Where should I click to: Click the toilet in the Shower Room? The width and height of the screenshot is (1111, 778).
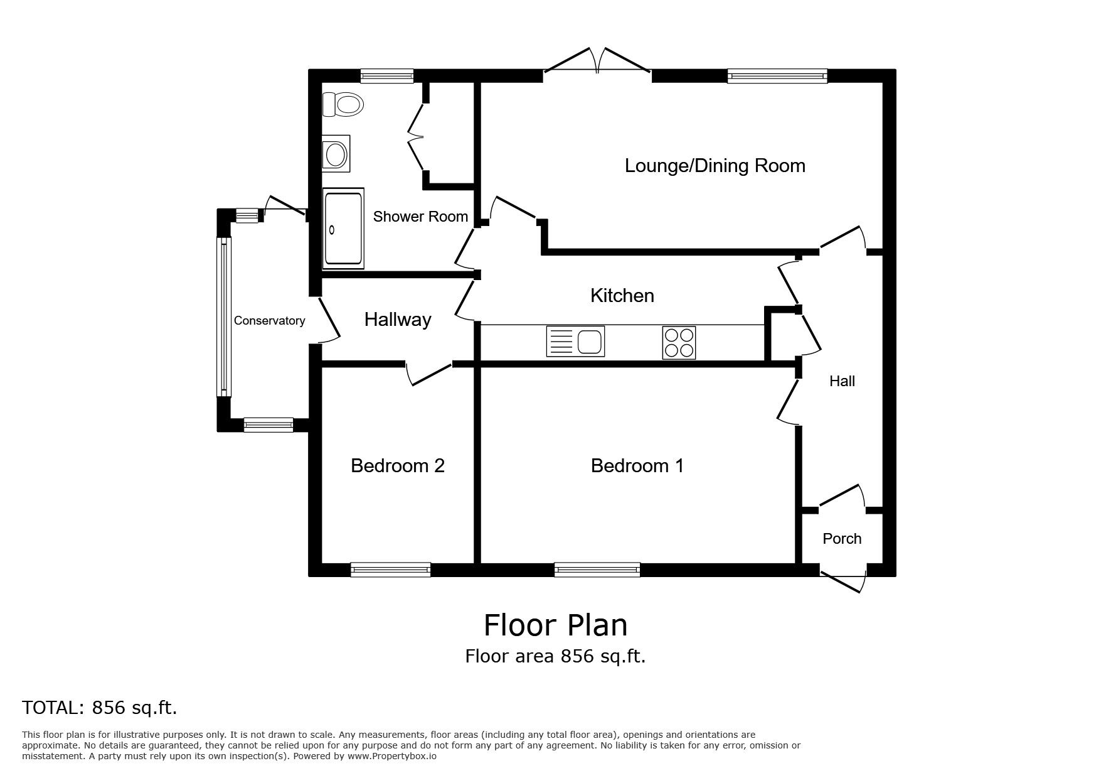(343, 104)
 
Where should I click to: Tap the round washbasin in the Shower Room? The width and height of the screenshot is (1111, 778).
(336, 153)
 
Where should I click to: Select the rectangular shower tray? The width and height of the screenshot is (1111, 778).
(343, 229)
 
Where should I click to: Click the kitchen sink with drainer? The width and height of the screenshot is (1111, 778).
(575, 342)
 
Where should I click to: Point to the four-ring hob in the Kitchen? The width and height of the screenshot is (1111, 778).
(679, 343)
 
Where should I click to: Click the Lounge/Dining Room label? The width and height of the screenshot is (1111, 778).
(715, 166)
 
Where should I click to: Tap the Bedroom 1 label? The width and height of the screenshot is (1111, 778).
(637, 466)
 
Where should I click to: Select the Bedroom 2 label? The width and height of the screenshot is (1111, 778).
(398, 466)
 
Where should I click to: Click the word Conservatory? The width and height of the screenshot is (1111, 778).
(269, 321)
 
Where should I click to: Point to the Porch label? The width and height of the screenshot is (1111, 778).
(842, 539)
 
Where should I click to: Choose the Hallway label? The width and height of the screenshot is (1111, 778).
(398, 320)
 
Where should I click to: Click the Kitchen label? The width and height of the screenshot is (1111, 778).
(622, 296)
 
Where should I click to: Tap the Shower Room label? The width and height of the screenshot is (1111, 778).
(420, 217)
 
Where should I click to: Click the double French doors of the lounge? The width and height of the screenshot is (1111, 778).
(597, 63)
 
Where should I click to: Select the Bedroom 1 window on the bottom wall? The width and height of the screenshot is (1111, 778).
(597, 570)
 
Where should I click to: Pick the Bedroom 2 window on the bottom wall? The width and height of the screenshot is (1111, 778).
(391, 570)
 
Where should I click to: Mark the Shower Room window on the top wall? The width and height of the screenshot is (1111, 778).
(387, 76)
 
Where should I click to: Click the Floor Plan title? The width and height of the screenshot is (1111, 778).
(555, 625)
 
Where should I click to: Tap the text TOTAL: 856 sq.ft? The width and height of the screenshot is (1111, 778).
(100, 708)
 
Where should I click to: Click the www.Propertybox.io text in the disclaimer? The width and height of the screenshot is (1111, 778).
(392, 757)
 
